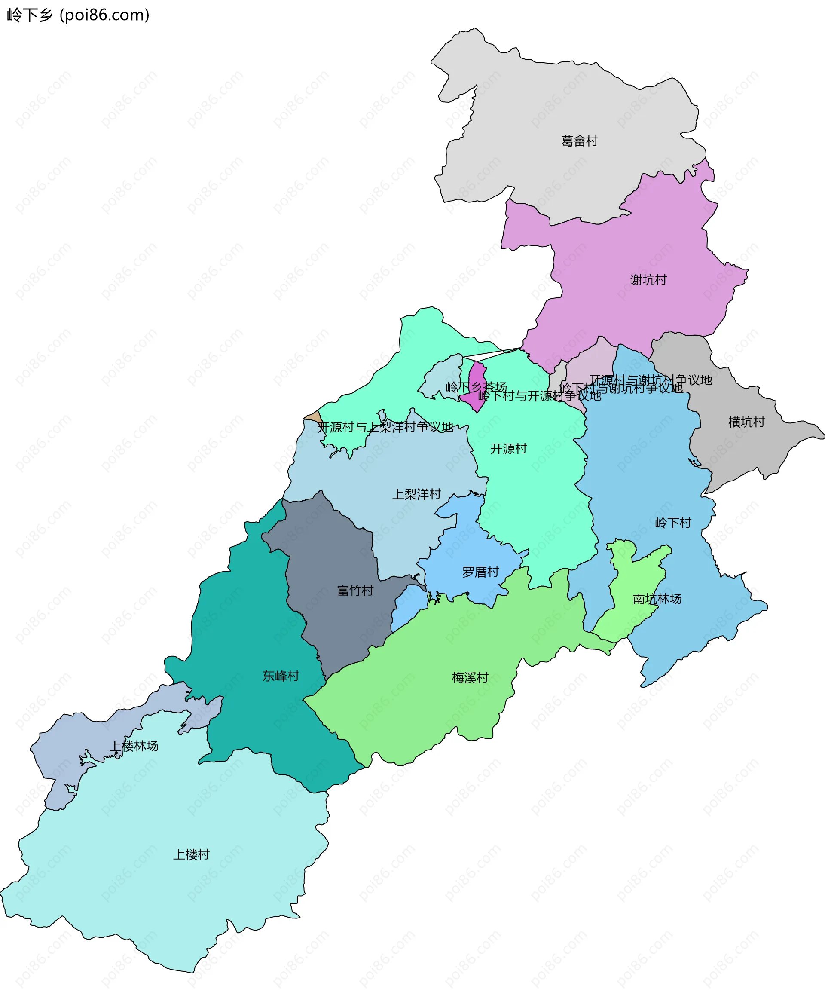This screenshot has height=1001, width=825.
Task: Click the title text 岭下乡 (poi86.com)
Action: click(78, 15)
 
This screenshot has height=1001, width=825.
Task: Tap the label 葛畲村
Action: click(579, 141)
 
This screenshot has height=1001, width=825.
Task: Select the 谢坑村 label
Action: click(648, 280)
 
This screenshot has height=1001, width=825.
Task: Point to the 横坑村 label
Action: click(747, 422)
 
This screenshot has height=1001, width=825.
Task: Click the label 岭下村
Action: click(673, 523)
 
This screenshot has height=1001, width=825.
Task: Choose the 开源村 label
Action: click(508, 449)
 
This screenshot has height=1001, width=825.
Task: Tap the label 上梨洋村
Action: click(417, 494)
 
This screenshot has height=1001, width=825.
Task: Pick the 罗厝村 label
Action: click(480, 572)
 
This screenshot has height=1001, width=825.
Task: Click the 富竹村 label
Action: click(355, 591)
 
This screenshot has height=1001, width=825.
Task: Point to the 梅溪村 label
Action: click(470, 677)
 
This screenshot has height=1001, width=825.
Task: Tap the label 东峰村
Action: click(281, 676)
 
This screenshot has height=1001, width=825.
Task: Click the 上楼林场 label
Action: click(134, 746)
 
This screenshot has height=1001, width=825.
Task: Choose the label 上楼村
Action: click(191, 854)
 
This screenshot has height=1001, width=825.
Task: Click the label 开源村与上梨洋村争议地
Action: click(385, 427)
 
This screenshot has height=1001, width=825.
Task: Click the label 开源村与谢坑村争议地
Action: click(650, 380)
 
